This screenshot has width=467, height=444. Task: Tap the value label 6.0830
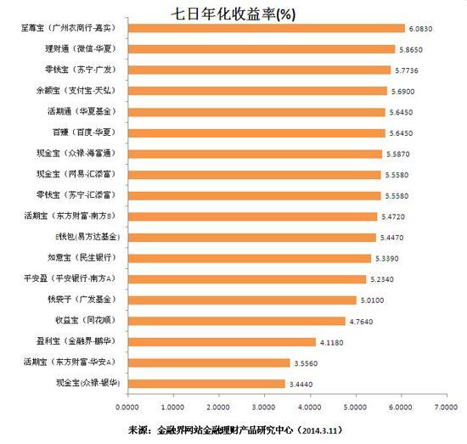click(425, 28)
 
